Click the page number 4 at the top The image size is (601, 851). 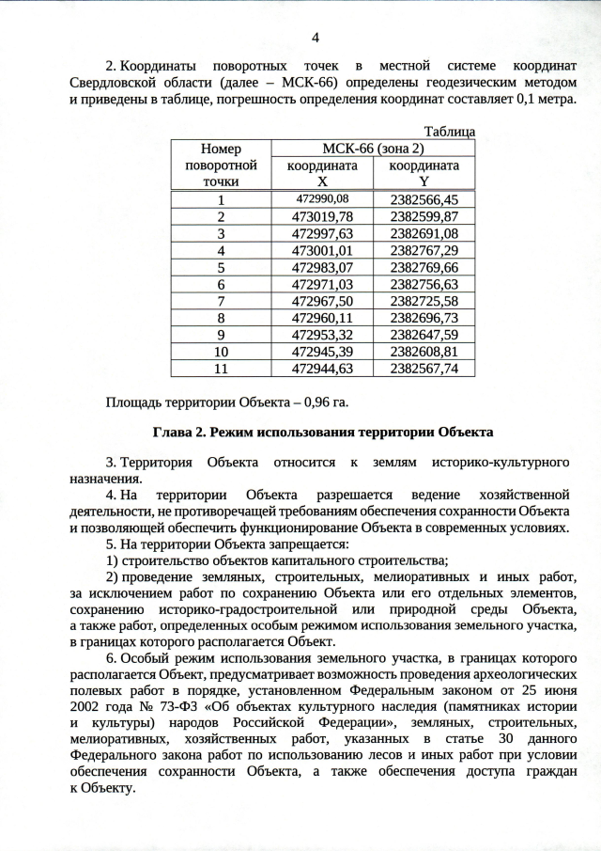(315, 38)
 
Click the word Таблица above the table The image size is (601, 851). (450, 132)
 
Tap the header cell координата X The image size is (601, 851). (322, 173)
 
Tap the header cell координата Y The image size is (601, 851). (424, 173)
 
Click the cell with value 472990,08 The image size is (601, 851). (322, 199)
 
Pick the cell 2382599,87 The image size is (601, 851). (424, 216)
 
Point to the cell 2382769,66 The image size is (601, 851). (424, 267)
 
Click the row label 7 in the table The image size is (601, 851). (221, 301)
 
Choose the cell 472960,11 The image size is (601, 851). (322, 318)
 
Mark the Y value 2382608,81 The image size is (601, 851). (424, 352)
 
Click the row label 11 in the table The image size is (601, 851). (221, 369)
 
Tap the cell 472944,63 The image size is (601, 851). (322, 369)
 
